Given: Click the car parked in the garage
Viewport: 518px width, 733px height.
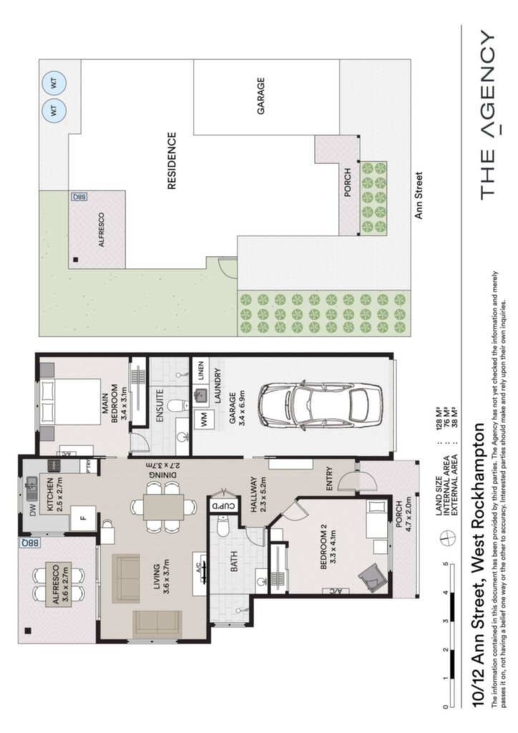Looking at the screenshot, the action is [x=321, y=407].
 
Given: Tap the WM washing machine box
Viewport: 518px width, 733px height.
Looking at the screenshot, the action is [x=204, y=418].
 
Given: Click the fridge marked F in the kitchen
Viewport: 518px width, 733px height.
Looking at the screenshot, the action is [x=83, y=518].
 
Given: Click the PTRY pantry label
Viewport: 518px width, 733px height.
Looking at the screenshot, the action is [x=88, y=466].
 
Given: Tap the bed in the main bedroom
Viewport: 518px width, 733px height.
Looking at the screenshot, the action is [x=71, y=402].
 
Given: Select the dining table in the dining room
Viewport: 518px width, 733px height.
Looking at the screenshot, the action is [x=163, y=506].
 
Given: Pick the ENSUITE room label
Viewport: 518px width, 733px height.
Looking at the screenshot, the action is [x=160, y=406].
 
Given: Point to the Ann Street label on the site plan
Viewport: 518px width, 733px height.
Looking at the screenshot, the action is [x=419, y=195].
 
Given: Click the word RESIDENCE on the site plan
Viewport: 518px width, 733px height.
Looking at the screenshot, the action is [x=172, y=161].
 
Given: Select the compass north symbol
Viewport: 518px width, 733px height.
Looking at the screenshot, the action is [x=447, y=538].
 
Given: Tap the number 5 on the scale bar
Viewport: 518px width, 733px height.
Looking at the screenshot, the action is [x=446, y=564].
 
